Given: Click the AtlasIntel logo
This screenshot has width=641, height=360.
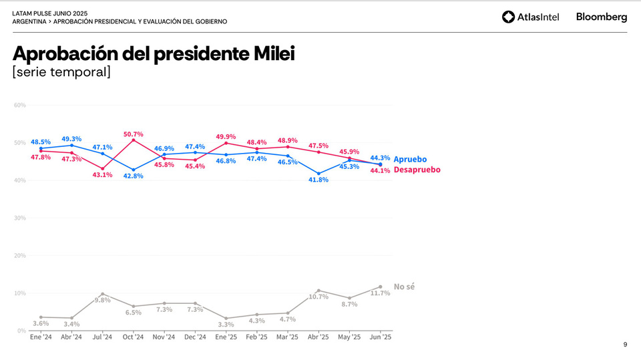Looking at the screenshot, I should click(x=530, y=17).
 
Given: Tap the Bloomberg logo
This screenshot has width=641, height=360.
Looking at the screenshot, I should click(x=601, y=17).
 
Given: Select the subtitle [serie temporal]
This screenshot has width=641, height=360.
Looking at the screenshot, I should click(x=61, y=72).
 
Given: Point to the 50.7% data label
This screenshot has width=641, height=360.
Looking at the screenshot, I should click(x=133, y=134).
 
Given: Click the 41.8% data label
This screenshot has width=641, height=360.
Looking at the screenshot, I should click(x=318, y=180).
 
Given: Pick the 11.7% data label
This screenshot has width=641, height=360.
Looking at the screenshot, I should click(x=380, y=293).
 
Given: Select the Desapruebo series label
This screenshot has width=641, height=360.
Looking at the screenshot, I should click(x=417, y=170).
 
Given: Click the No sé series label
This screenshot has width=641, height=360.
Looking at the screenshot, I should click(x=404, y=287).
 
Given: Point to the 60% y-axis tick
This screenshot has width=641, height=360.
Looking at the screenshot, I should click(x=19, y=105).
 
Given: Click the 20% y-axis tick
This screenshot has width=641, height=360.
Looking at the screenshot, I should click(x=19, y=255).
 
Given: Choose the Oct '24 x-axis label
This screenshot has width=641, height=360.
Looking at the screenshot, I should click(x=133, y=337).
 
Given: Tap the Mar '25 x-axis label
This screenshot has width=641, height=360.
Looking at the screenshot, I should click(x=287, y=337).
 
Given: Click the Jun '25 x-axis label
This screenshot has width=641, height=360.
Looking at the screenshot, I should click(x=380, y=337).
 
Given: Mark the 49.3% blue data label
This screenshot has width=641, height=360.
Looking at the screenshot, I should click(x=71, y=139).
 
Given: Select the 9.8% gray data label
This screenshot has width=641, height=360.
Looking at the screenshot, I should click(x=102, y=300).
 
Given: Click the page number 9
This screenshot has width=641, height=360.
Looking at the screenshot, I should click(x=625, y=345).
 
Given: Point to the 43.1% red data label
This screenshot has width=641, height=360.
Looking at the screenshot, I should click(x=102, y=174).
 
